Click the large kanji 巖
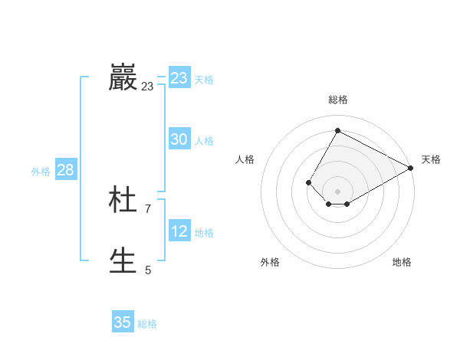pos(123,78)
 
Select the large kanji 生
pos(123,261)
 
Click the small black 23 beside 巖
pos(147,87)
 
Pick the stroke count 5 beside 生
pos(148,270)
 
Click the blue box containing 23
pos(179,78)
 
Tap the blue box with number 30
pos(179,139)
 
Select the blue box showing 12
pos(179,231)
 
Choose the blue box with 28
pos(65,170)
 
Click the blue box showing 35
pos(123,322)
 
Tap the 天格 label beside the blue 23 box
pos(204,80)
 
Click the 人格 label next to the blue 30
pos(204,141)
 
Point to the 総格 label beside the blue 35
pos(147,324)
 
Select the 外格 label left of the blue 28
pos(41,172)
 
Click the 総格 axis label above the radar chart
pos(337,100)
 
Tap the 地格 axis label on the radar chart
pos(402,262)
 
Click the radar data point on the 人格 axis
pos(308,182)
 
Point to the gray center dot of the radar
pos(337,191)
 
